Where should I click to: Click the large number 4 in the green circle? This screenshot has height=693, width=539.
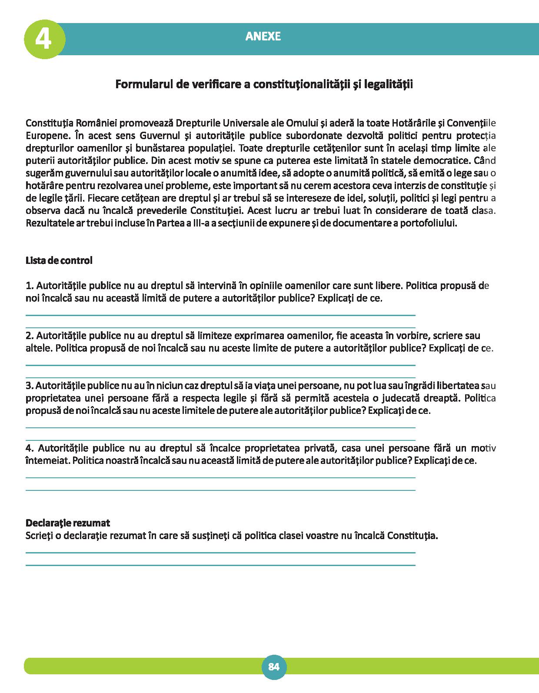click(43, 39)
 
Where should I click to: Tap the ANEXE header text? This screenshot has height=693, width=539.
click(263, 37)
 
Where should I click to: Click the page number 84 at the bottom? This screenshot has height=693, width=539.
click(274, 667)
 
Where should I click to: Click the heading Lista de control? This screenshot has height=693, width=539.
click(59, 261)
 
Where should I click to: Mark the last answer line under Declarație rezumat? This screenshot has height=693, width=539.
click(220, 565)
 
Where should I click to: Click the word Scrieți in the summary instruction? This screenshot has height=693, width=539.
click(40, 536)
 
